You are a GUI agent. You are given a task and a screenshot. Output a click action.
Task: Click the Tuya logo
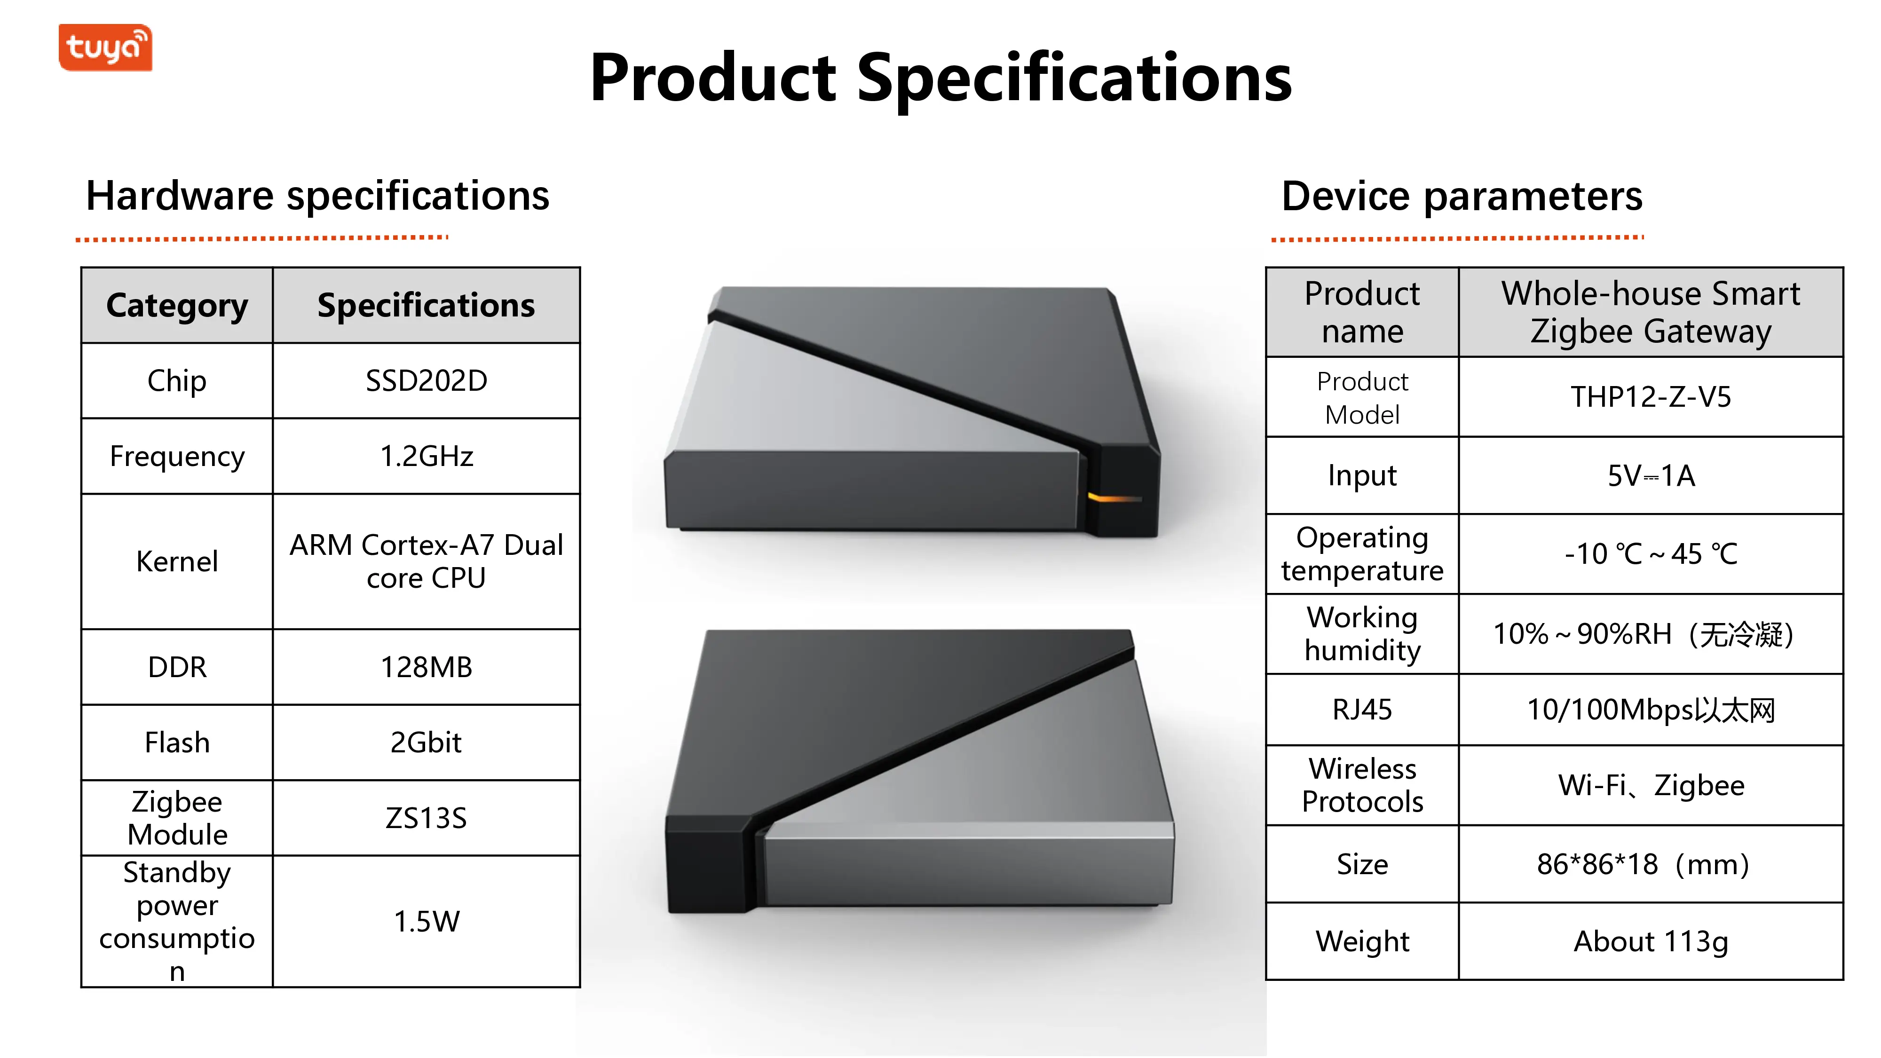click(x=105, y=47)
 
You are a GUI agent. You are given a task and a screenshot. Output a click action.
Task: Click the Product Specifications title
click(x=940, y=78)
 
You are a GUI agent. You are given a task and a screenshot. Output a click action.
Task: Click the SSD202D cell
click(x=427, y=380)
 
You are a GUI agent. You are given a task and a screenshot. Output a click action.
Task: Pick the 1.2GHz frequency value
click(x=427, y=456)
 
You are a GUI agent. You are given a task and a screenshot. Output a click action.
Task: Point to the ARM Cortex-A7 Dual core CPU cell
click(x=427, y=561)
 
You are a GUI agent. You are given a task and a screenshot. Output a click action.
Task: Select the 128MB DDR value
click(x=427, y=667)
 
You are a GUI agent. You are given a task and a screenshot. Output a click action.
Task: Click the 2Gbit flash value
click(x=427, y=742)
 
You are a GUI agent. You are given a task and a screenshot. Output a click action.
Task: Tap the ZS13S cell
click(x=427, y=818)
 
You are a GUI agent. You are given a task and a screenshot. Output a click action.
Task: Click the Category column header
click(x=177, y=305)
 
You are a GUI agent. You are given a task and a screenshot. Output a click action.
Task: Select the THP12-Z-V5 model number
click(x=1651, y=396)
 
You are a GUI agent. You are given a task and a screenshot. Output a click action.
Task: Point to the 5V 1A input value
click(x=1651, y=475)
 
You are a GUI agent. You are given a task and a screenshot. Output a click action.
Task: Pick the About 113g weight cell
click(x=1651, y=941)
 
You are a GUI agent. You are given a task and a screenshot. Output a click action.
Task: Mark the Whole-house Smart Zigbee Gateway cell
click(x=1651, y=312)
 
